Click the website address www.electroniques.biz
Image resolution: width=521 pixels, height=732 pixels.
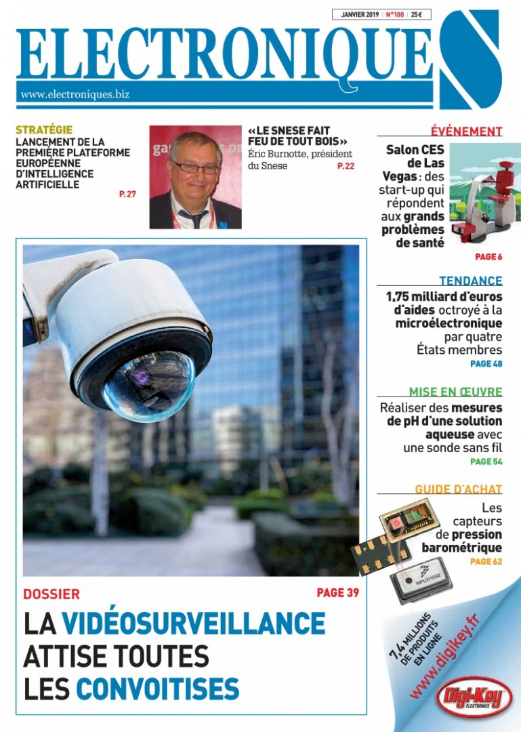pyautogui.click(x=75, y=95)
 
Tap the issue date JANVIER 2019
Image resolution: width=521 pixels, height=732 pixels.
pyautogui.click(x=360, y=14)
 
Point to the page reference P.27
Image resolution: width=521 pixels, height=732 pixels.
pyautogui.click(x=127, y=195)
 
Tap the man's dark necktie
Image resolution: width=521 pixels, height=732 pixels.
pyautogui.click(x=193, y=218)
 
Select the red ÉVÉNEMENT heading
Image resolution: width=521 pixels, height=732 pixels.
pyautogui.click(x=466, y=131)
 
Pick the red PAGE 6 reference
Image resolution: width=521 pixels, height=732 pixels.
pyautogui.click(x=488, y=257)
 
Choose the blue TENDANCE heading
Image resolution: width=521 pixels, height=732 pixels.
pyautogui.click(x=470, y=281)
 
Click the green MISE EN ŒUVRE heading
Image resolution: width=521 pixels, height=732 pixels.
pyautogui.click(x=455, y=392)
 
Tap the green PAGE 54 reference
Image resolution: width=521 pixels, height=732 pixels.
pyautogui.click(x=486, y=462)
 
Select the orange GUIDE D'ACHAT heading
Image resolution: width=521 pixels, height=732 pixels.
pyautogui.click(x=458, y=489)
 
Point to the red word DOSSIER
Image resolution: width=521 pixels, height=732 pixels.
pyautogui.click(x=51, y=594)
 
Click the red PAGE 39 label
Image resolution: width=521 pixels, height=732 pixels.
pyautogui.click(x=337, y=593)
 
